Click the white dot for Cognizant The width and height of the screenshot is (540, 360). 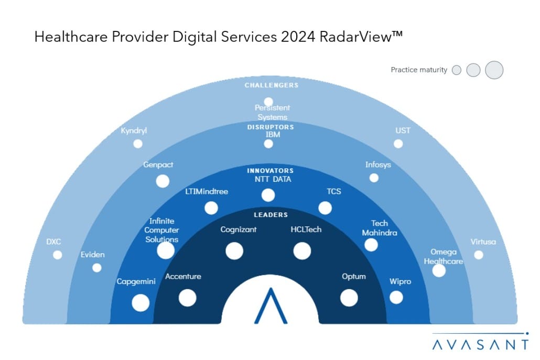234,251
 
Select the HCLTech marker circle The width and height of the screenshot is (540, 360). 302,251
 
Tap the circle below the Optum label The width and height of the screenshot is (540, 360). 349,298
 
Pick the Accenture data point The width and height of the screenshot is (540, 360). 187,298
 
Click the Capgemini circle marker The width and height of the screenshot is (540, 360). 141,302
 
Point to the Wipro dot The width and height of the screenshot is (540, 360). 396,297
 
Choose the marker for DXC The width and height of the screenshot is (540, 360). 58,255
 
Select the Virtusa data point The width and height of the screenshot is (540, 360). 479,255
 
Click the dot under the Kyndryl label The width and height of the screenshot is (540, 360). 138,144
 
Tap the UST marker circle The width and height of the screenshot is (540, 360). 398,144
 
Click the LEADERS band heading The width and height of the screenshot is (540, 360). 271,215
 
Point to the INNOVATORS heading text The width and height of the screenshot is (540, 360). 271,171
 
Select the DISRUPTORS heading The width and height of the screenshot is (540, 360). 271,127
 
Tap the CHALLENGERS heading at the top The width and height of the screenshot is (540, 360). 272,85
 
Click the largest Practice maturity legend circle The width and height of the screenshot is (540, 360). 494,70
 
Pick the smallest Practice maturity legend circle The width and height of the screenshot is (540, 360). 457,70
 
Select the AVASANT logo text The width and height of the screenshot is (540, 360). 480,344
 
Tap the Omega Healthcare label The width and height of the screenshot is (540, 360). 444,256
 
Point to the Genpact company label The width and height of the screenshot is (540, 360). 158,165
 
